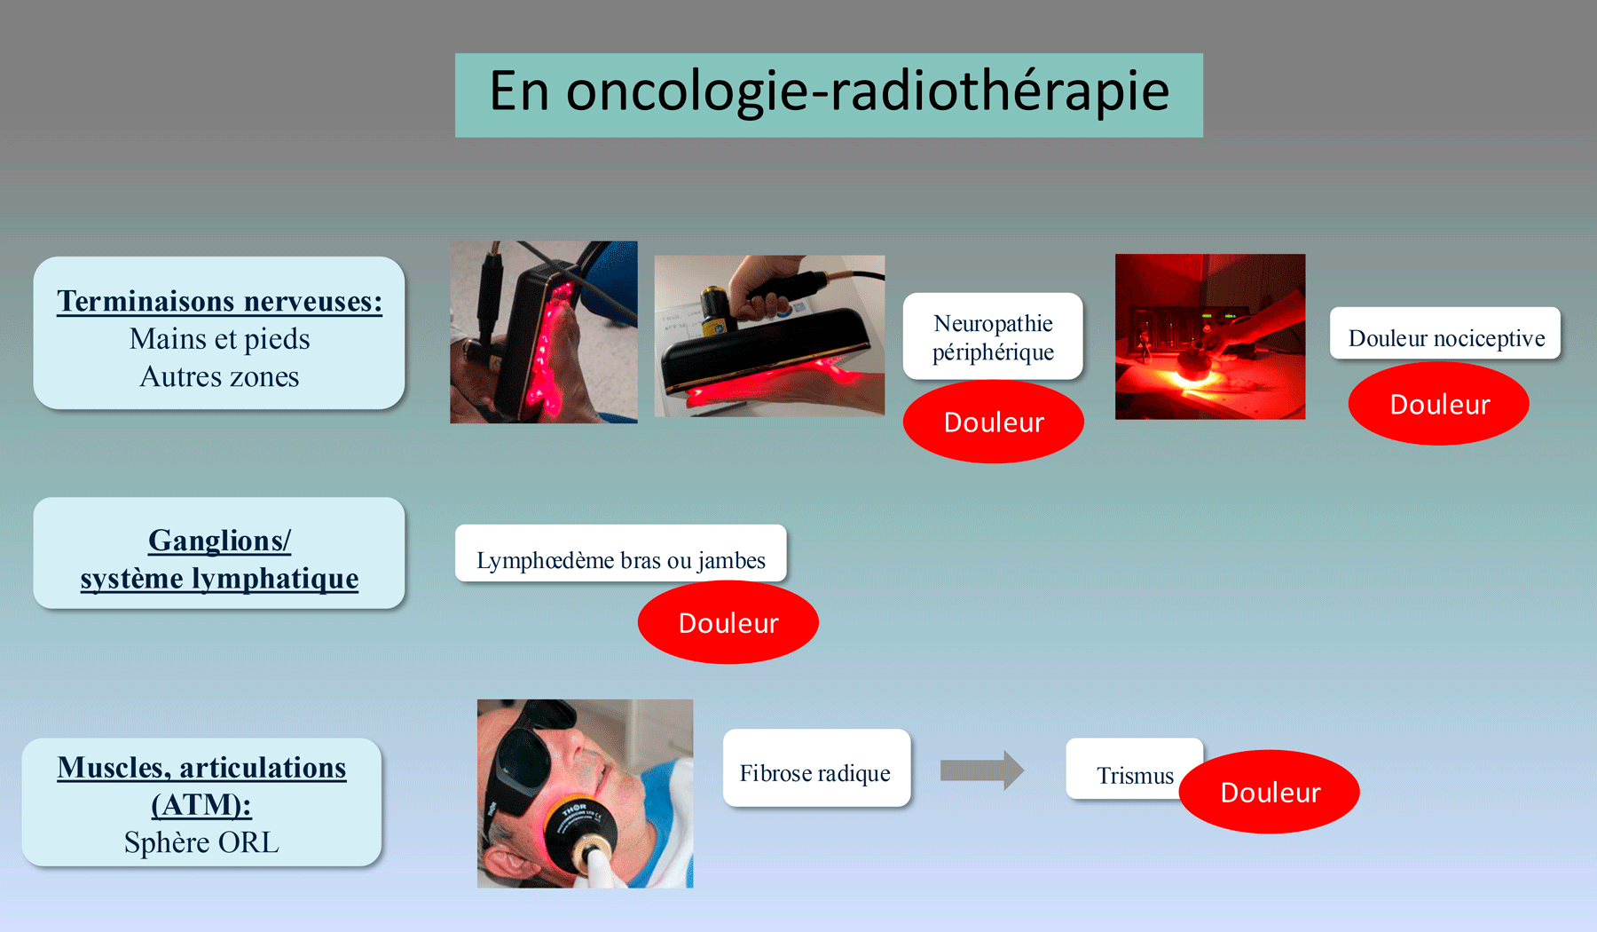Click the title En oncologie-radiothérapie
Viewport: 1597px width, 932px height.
pos(829,93)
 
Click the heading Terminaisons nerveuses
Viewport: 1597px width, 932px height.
pos(219,302)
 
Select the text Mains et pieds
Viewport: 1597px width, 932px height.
pos(219,339)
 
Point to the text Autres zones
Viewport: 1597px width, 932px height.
pos(219,377)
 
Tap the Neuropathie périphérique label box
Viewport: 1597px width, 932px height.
pos(993,336)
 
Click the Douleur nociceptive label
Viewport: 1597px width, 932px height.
pos(1445,337)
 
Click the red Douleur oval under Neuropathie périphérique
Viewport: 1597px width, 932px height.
pos(994,423)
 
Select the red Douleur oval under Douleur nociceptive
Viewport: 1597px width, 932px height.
pos(1439,405)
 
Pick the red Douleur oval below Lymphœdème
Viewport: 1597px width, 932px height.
pos(728,623)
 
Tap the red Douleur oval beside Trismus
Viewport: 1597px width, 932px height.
pos(1271,793)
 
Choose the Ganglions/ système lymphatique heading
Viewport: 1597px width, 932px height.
pos(219,559)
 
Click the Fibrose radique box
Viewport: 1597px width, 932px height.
pos(815,772)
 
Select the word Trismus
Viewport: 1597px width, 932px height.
pos(1134,775)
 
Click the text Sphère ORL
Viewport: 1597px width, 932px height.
pos(201,842)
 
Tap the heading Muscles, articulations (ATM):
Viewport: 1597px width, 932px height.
pos(201,786)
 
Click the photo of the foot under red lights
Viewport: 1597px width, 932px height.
pos(543,332)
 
